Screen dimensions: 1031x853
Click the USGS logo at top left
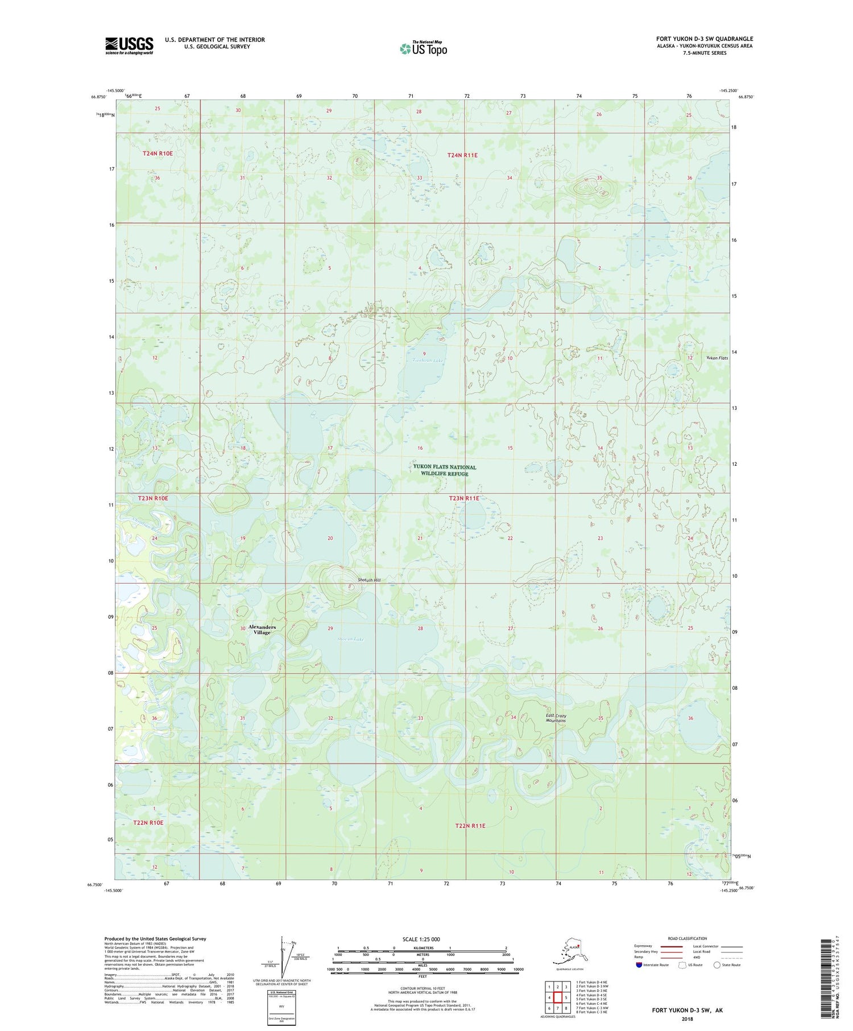click(x=129, y=45)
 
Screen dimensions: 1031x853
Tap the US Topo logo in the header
click(x=423, y=48)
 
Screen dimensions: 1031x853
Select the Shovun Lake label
click(x=350, y=639)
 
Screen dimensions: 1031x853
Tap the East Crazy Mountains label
click(x=556, y=718)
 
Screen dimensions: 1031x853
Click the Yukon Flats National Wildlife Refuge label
click(x=445, y=470)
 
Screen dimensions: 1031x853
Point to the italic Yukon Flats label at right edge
click(x=717, y=358)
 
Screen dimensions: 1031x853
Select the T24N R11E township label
click(x=462, y=155)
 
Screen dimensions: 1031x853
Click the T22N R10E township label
click(x=148, y=823)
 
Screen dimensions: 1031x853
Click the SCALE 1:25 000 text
click(x=420, y=939)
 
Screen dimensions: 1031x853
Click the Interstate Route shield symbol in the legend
click(x=639, y=965)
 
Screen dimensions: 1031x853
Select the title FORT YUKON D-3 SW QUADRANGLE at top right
click(x=704, y=39)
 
